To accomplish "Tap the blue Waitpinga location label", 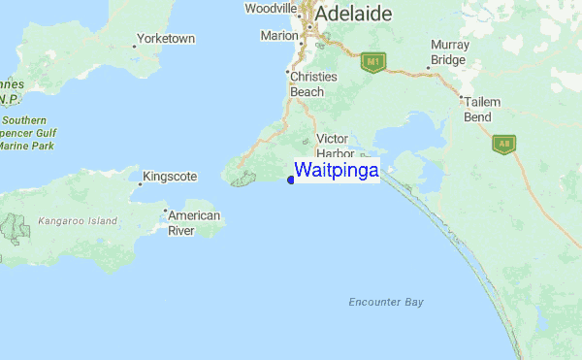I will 337,170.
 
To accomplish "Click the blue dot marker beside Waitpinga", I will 291,180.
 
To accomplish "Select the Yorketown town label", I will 167,39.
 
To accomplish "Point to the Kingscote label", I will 171,178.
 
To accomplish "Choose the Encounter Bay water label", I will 386,303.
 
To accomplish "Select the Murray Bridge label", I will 450,52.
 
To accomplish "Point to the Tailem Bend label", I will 481,109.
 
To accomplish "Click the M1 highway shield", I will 372,62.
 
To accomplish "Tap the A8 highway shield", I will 503,145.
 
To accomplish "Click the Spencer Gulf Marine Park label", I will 27,133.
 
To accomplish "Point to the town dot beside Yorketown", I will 134,45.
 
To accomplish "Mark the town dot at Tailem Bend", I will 461,98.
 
